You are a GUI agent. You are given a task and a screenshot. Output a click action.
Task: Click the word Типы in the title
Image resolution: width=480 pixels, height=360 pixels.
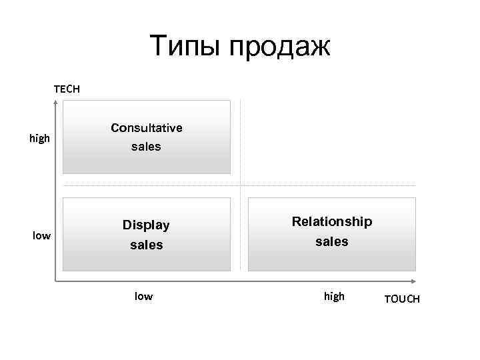coord(186,47)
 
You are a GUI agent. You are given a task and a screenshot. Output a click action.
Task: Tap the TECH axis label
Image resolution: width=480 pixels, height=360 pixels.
coord(67,88)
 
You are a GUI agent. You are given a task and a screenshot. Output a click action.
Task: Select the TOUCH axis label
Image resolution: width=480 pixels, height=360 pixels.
coord(402,299)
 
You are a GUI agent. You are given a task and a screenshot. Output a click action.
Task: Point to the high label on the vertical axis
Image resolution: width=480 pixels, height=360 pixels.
coord(40,139)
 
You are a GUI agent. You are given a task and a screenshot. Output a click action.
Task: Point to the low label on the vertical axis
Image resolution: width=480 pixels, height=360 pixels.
coord(42,235)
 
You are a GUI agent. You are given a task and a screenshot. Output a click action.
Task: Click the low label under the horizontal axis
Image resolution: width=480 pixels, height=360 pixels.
coord(143,297)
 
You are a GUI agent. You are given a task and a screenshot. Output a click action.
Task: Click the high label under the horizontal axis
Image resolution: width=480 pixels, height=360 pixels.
coord(334,297)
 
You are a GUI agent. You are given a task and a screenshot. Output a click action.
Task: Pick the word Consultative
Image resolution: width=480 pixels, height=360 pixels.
coord(147,127)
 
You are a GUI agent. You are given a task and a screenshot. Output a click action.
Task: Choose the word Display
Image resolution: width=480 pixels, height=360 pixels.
coord(146,225)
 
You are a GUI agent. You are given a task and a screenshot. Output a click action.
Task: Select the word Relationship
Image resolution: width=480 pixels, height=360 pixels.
coord(332,221)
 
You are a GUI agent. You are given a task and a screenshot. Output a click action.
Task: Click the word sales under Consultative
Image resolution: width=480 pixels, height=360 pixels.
coord(146,147)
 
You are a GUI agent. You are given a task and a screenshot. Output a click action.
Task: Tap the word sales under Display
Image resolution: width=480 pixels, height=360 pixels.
coord(146,245)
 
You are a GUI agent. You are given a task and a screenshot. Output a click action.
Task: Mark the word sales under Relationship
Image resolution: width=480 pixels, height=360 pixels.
coord(332,241)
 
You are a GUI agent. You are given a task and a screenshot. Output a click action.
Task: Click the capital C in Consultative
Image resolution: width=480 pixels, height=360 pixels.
coord(115,127)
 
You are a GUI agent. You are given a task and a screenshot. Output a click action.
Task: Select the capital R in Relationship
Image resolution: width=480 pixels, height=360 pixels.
coord(297,221)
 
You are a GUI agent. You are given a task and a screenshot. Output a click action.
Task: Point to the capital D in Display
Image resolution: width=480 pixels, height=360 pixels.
coord(127,225)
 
